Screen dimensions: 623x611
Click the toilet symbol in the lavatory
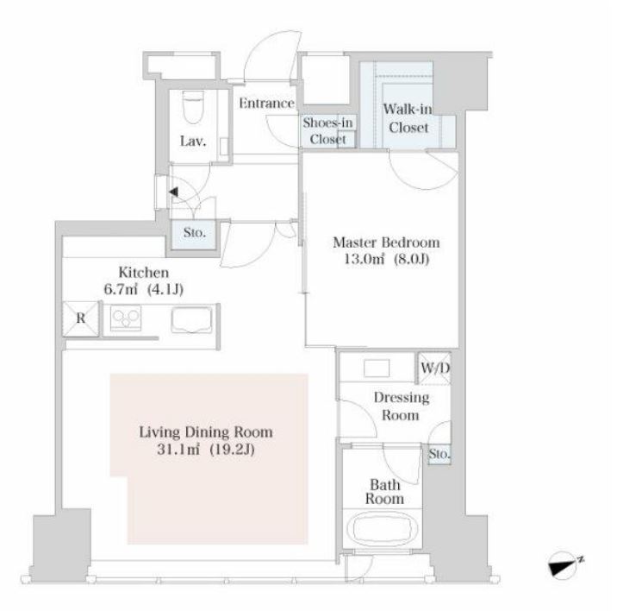(x=194, y=106)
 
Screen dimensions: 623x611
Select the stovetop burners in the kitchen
(x=126, y=318)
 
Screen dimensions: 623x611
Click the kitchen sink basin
(x=191, y=319)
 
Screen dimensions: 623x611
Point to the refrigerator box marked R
(x=81, y=318)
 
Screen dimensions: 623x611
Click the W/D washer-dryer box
(x=435, y=368)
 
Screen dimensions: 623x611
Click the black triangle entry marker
(x=173, y=192)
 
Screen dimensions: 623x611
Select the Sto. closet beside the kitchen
(x=194, y=233)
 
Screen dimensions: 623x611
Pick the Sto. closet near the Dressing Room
(x=439, y=454)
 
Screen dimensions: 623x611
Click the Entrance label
(x=266, y=104)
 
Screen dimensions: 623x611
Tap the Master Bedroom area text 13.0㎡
(x=364, y=259)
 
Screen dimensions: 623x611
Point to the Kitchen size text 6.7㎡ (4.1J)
(x=143, y=289)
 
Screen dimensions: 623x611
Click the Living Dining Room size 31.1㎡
(x=178, y=450)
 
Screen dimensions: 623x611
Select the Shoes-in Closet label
(x=327, y=131)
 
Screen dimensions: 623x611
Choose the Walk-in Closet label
(x=408, y=118)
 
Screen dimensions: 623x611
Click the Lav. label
(x=193, y=142)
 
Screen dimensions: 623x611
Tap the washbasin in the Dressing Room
(x=377, y=368)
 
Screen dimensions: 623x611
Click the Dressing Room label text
(x=402, y=406)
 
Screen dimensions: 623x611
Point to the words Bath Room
(x=384, y=492)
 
